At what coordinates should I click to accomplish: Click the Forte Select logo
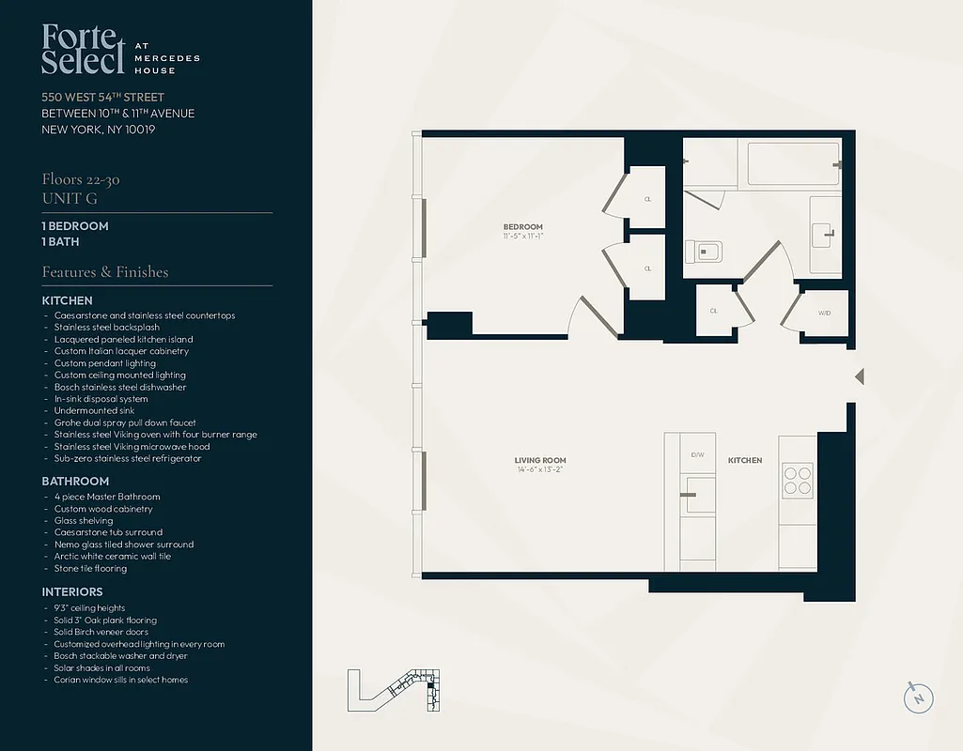tap(83, 50)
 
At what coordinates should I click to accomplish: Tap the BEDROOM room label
tap(522, 227)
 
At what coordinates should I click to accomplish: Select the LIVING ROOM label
tap(540, 460)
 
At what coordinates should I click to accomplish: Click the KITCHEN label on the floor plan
tap(745, 460)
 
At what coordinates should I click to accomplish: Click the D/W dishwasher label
tap(697, 454)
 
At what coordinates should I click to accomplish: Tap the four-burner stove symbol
tap(797, 481)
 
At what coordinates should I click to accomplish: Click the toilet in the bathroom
tap(705, 252)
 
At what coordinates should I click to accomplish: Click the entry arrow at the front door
tap(858, 376)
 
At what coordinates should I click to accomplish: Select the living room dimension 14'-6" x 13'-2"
tap(540, 470)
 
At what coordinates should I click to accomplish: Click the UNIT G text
tap(70, 198)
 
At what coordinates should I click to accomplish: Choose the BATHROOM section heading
tap(75, 482)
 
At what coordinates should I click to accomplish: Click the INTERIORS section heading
tap(72, 592)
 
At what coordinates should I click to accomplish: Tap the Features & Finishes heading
tap(105, 272)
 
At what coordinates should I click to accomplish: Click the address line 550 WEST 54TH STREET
tap(102, 98)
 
